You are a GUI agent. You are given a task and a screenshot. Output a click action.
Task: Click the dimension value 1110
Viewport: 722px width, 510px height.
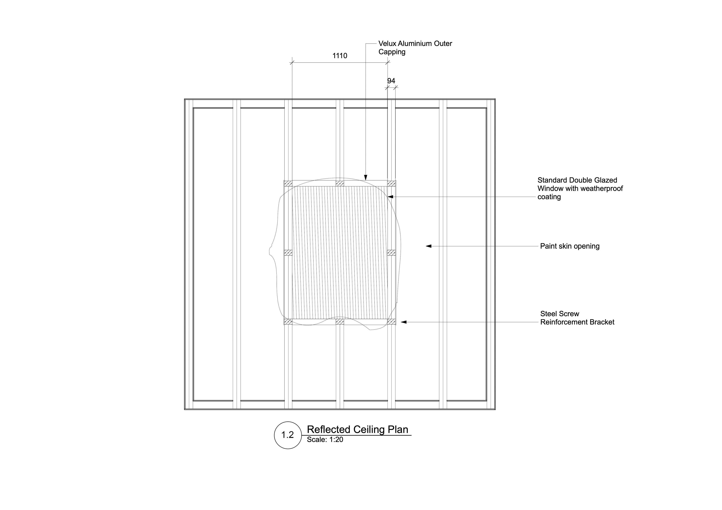pos(340,56)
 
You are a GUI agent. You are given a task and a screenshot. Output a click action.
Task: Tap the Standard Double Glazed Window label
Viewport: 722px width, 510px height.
pos(579,189)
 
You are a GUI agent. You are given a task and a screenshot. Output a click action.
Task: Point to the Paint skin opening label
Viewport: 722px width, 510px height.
pos(570,246)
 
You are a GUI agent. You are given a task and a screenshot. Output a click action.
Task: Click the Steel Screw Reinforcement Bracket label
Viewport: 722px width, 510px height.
pos(577,318)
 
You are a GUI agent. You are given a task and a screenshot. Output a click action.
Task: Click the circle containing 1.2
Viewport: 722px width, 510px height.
pos(287,435)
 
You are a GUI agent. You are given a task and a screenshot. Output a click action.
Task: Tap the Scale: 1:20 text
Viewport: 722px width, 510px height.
pos(325,440)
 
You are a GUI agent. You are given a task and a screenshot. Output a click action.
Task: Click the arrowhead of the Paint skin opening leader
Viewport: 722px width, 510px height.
pos(428,246)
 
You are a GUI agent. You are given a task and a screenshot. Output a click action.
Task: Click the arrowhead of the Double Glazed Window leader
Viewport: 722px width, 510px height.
pos(390,197)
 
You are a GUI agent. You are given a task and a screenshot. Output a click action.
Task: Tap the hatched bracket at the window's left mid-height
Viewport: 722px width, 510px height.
pos(288,253)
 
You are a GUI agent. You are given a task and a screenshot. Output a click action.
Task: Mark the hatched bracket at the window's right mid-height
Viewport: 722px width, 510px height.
pos(391,253)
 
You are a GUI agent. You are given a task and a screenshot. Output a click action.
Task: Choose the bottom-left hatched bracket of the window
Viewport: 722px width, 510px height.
pos(288,321)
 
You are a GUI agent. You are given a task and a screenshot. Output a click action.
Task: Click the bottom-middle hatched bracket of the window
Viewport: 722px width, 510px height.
pos(340,321)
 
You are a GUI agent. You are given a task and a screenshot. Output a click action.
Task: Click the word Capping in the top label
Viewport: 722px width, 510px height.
pos(392,52)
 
